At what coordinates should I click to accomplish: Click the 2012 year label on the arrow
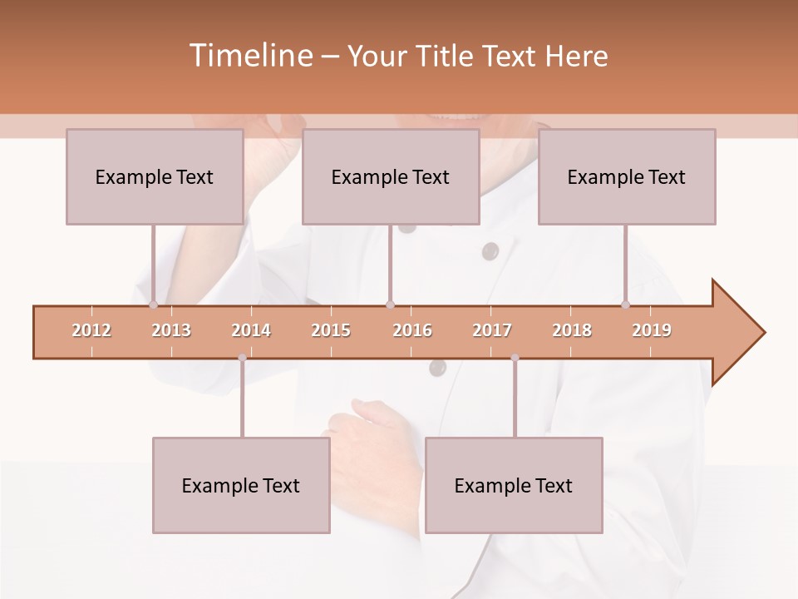(x=91, y=330)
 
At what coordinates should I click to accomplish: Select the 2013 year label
(x=171, y=330)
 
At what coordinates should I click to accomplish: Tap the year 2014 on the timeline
(x=251, y=330)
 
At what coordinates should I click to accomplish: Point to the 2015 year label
(x=331, y=330)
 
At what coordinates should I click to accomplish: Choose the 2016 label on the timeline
(x=412, y=330)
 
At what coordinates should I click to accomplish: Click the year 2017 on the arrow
(x=492, y=330)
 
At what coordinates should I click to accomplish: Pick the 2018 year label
(x=572, y=330)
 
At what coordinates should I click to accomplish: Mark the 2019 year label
(x=652, y=330)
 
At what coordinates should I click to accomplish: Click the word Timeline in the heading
(x=249, y=56)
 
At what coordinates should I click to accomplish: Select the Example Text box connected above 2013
(x=155, y=177)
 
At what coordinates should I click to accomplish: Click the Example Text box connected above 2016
(x=391, y=177)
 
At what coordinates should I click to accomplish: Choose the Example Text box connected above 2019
(x=627, y=177)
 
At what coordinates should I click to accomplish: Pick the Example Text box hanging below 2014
(x=241, y=486)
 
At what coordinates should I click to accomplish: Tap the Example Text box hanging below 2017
(x=514, y=486)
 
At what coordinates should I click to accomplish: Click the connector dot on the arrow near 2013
(x=153, y=305)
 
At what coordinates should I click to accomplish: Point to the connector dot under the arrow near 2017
(x=515, y=358)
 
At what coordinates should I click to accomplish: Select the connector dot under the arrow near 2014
(x=242, y=358)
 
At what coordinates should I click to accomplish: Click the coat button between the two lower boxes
(x=437, y=367)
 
